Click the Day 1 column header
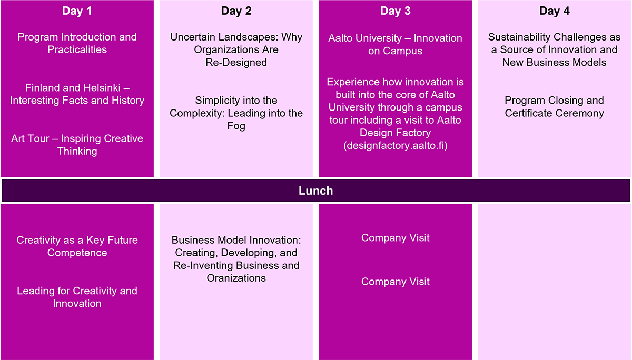point(77,11)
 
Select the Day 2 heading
point(236,11)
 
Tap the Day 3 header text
point(396,11)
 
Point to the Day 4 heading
point(555,11)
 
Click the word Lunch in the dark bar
point(315,191)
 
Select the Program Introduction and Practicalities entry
point(77,43)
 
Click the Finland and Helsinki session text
point(77,94)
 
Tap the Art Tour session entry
point(77,145)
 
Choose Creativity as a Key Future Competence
point(77,246)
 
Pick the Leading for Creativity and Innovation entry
point(77,297)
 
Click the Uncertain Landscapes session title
point(236,49)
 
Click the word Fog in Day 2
point(236,126)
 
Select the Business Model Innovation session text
point(236,259)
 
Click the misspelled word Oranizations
point(236,278)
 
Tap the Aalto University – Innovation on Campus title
point(395,44)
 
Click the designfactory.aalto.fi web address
point(396,145)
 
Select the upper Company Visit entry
point(396,238)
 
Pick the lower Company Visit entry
point(396,282)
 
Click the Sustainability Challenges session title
point(555,49)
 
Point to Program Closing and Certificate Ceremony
point(555,106)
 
